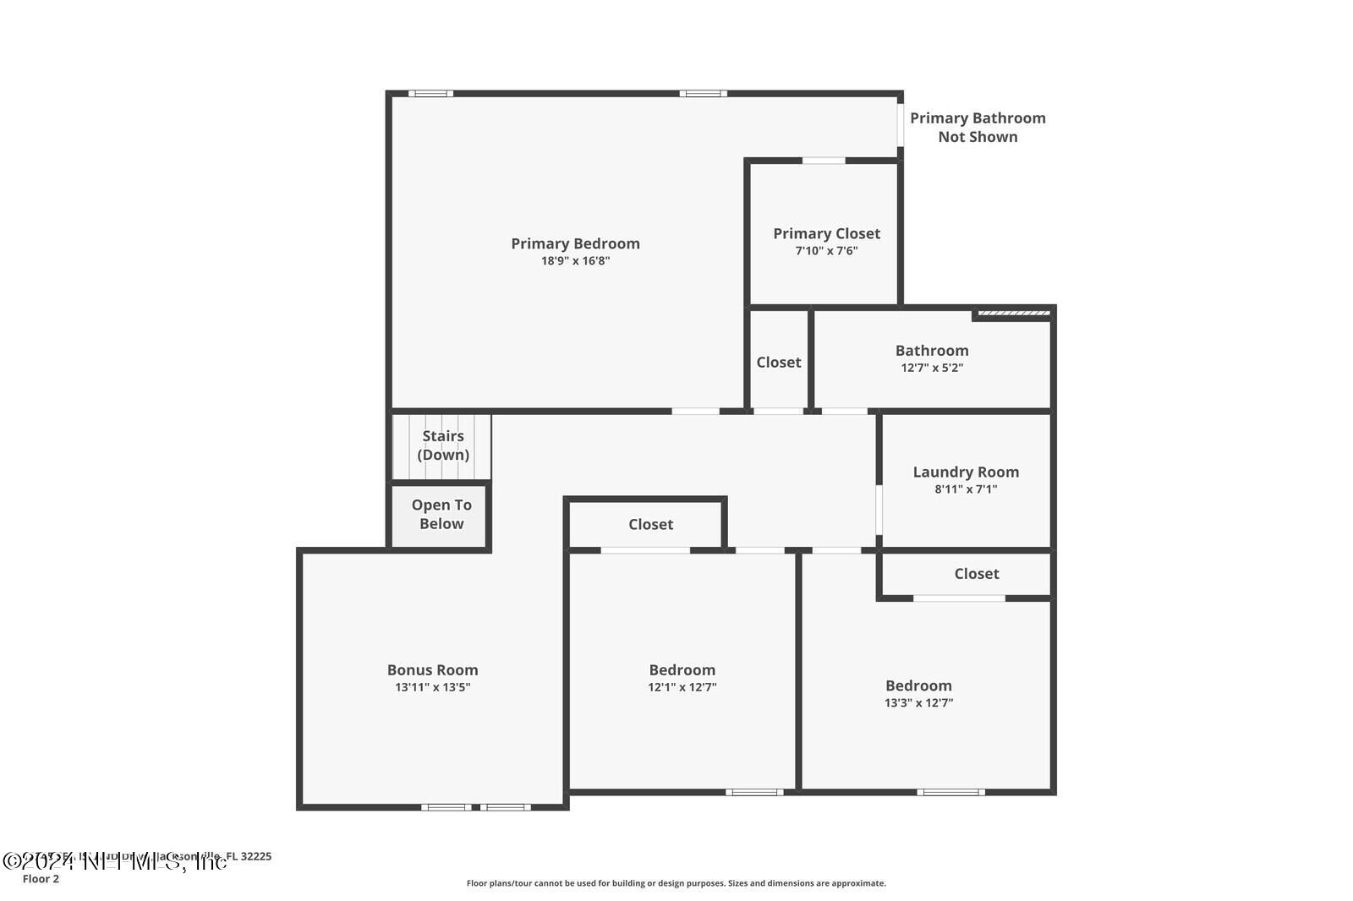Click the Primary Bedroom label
coord(575,243)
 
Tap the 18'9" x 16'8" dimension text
coord(575,261)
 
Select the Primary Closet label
coord(826,233)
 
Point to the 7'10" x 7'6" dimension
coord(826,251)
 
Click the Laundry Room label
coord(966,472)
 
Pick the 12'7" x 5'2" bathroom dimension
coord(932,368)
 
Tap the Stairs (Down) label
coord(443,445)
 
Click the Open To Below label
coord(441,514)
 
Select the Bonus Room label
coord(432,669)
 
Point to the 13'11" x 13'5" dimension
coord(432,687)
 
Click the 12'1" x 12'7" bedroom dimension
coord(682,687)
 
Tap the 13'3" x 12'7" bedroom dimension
coord(918,702)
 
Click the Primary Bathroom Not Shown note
coord(978,128)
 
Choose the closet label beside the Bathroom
coord(778,362)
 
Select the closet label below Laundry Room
coord(976,573)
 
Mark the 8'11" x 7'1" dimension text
coord(966,489)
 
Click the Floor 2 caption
coord(41,879)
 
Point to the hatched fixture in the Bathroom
coord(1013,314)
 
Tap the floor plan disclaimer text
coord(676,883)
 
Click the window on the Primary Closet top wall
coord(823,161)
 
